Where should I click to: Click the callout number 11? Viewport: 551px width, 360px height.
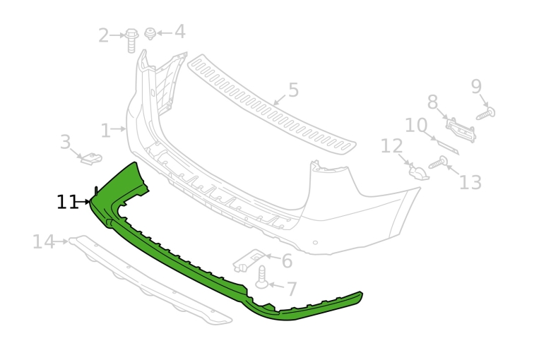(x=67, y=202)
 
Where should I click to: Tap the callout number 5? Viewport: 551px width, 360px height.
(x=293, y=90)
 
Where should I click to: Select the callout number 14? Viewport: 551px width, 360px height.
(x=44, y=241)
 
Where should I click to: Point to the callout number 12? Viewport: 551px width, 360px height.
(x=392, y=145)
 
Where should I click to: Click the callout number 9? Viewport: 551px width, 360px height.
(x=476, y=86)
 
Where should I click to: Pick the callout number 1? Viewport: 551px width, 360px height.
(x=105, y=131)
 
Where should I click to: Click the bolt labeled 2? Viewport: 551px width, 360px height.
(x=131, y=40)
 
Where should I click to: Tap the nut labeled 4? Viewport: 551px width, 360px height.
(x=150, y=33)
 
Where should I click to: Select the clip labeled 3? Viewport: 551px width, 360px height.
(x=91, y=158)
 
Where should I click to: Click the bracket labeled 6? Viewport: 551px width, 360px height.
(x=250, y=260)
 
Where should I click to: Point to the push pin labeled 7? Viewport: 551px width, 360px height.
(x=262, y=277)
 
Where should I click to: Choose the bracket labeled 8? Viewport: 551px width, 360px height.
(x=461, y=130)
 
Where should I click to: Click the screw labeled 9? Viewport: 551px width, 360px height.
(x=486, y=114)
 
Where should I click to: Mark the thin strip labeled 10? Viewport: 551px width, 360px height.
(x=448, y=146)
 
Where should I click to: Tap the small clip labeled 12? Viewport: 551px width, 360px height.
(x=419, y=172)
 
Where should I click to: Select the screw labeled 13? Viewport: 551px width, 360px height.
(x=438, y=162)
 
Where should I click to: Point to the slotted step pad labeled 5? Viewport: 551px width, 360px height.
(x=272, y=103)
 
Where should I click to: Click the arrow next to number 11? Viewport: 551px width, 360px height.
(x=83, y=202)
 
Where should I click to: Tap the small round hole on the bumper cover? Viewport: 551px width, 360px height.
(x=315, y=243)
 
